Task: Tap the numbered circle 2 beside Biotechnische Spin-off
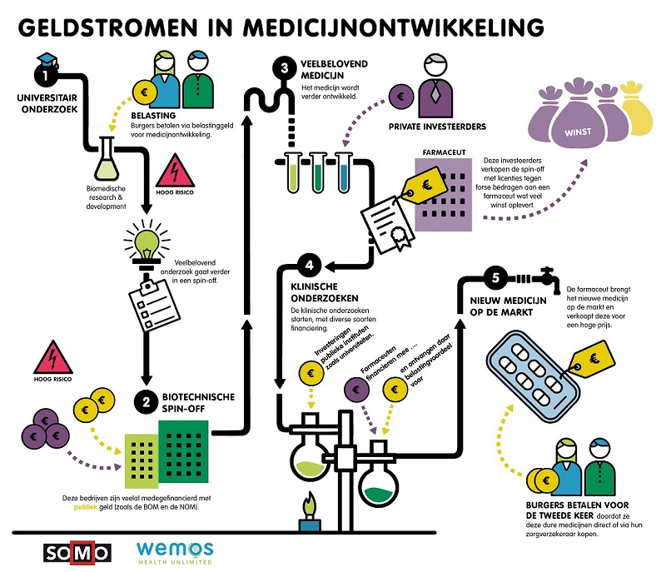[146, 403]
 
